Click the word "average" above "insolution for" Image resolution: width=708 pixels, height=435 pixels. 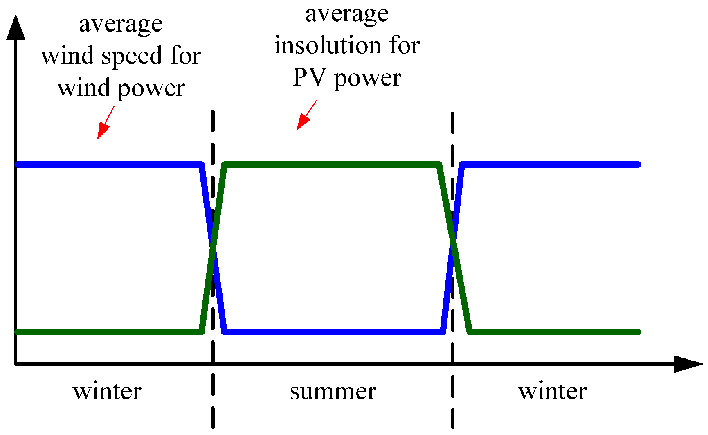click(x=347, y=15)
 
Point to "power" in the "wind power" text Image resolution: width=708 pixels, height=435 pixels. click(x=151, y=89)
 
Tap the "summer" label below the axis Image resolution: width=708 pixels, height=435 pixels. click(x=333, y=392)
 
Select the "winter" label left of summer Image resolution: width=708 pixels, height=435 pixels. click(x=107, y=391)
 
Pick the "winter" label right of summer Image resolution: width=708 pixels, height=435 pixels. click(x=553, y=391)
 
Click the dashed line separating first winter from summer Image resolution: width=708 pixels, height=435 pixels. click(x=213, y=393)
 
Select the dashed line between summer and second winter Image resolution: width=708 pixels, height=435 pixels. click(x=453, y=393)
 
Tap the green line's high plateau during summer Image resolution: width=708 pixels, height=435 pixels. click(x=331, y=165)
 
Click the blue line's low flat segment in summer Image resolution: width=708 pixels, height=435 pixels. click(x=333, y=331)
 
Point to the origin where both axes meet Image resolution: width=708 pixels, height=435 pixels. click(x=16, y=363)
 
